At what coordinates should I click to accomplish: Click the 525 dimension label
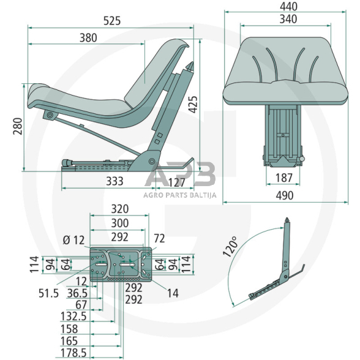point(112,21)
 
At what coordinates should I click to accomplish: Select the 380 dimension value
point(88,38)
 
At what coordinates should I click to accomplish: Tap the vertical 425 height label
point(193,105)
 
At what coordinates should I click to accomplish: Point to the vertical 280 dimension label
point(18,126)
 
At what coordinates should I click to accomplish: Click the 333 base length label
point(114,181)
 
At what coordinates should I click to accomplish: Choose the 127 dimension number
point(176,182)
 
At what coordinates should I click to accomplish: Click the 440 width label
point(288,7)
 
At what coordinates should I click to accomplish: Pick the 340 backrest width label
point(288,19)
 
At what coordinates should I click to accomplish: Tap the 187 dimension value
point(284,178)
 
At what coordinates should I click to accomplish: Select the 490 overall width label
point(285,195)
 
